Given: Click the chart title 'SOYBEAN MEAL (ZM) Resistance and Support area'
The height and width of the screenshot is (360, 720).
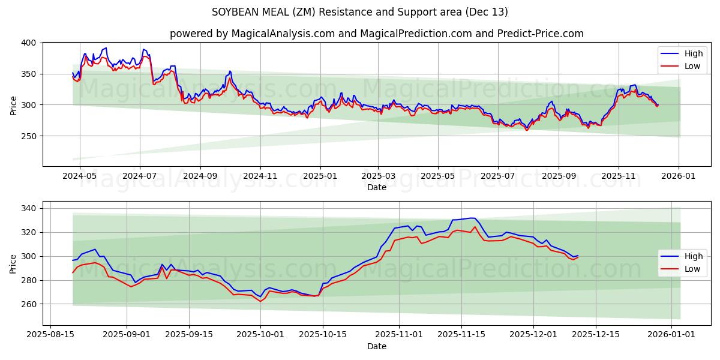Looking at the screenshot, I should click(359, 12).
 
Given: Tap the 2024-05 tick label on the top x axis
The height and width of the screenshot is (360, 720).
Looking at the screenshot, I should click(79, 177).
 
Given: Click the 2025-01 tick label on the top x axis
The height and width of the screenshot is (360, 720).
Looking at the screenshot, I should click(320, 177).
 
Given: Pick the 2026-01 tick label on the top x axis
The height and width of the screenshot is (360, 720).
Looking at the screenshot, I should click(679, 177).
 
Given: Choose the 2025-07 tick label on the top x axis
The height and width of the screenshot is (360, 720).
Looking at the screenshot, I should click(497, 177).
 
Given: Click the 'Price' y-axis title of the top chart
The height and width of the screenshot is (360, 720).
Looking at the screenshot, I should click(13, 104).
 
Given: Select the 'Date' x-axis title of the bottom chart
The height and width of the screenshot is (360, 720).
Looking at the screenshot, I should click(376, 347).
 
